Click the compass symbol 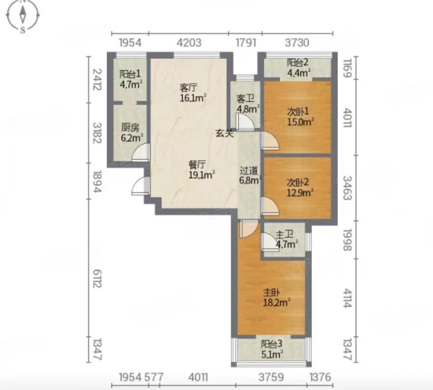pyautogui.click(x=23, y=15)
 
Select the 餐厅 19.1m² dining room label pyautogui.click(x=202, y=170)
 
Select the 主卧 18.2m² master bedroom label pyautogui.click(x=276, y=298)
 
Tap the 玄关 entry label pyautogui.click(x=224, y=133)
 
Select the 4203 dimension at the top pyautogui.click(x=189, y=42)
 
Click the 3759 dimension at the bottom pyautogui.click(x=271, y=377)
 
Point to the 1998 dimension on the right pyautogui.click(x=347, y=240)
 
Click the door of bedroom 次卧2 pyautogui.click(x=270, y=206)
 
